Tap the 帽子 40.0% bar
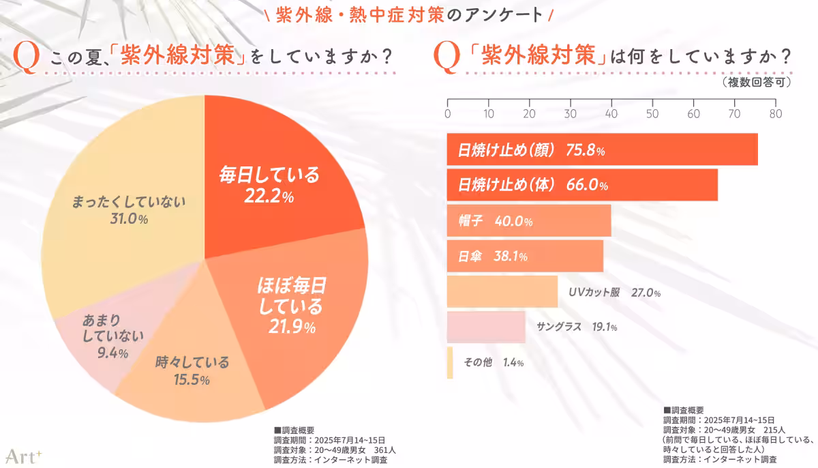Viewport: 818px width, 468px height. [x=529, y=221]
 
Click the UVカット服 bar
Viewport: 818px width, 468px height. [x=502, y=292]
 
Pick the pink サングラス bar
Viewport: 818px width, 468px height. [x=486, y=327]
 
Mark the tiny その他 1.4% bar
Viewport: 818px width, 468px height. [x=450, y=363]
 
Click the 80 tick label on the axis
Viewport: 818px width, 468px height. [x=775, y=113]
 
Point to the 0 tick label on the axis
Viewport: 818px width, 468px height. [x=448, y=113]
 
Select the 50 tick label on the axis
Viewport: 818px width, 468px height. [x=652, y=113]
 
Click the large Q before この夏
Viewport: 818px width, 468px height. [x=26, y=59]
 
